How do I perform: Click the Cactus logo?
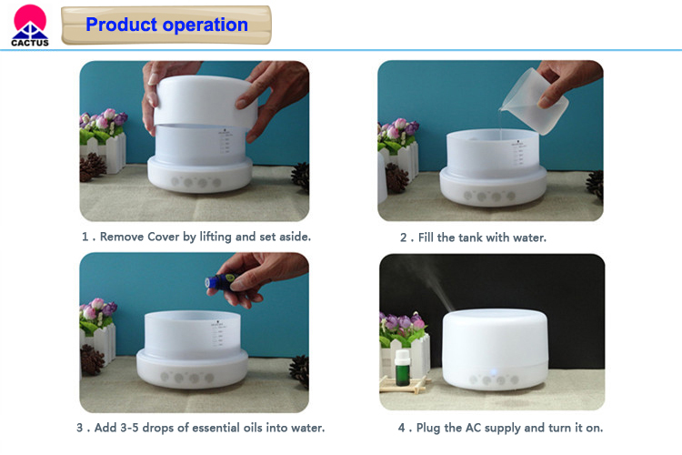[x=30, y=25]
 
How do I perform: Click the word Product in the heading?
[x=121, y=25]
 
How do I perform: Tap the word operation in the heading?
[x=206, y=25]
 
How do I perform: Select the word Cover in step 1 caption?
[x=163, y=237]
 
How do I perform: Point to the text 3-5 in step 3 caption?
[x=129, y=428]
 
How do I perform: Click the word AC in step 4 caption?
[x=473, y=428]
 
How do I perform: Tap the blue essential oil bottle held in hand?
[x=220, y=282]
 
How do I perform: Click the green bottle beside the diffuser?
[x=402, y=368]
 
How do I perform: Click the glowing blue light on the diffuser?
[x=494, y=373]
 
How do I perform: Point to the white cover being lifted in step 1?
[x=205, y=101]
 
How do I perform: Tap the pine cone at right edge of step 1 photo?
[x=301, y=177]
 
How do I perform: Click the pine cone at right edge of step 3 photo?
[x=300, y=370]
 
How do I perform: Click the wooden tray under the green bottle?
[x=403, y=384]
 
